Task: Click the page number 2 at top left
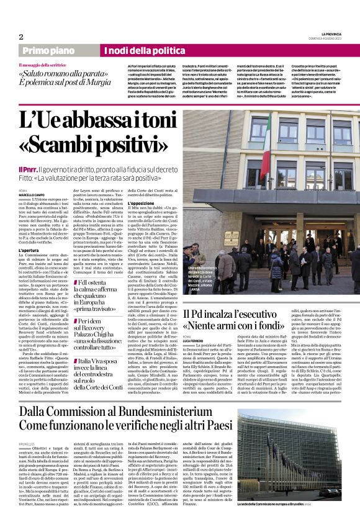pyautogui.click(x=20, y=37)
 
